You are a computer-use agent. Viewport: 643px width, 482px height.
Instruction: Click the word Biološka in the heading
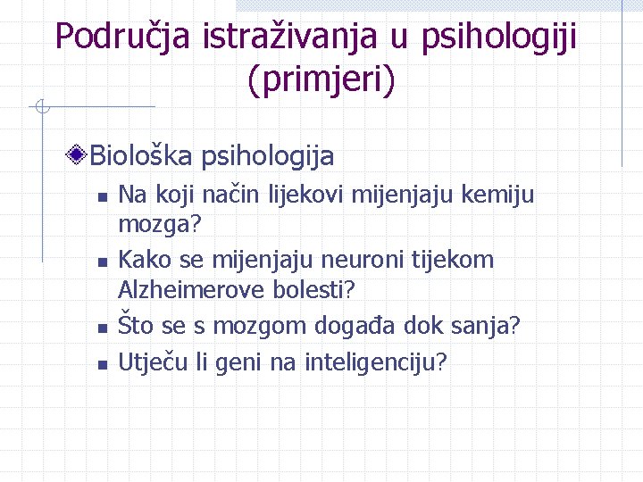pyautogui.click(x=141, y=156)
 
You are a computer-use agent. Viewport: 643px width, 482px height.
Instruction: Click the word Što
pyautogui.click(x=137, y=325)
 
